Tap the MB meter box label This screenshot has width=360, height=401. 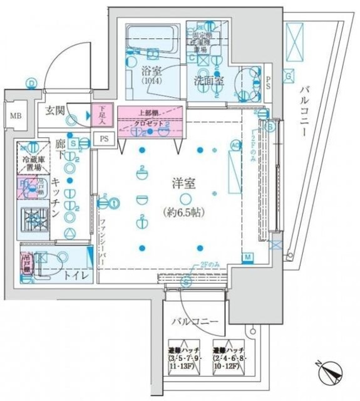[14, 116]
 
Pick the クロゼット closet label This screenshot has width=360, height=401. [148, 123]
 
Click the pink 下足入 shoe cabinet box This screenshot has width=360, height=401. [103, 114]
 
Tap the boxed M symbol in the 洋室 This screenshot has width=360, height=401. [248, 258]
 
